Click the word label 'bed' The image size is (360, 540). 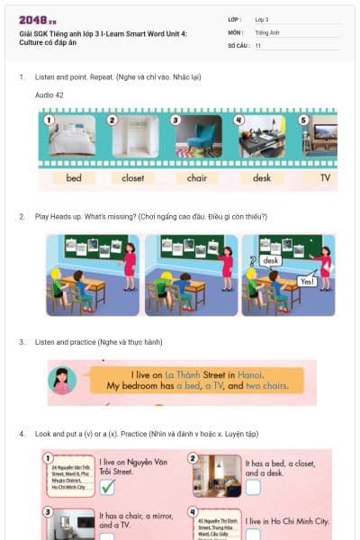coord(74,177)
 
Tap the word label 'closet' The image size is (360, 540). coord(132,177)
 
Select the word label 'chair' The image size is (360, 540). coord(196,177)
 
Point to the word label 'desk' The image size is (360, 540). coord(261,177)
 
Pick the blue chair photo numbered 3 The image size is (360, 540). coord(197,138)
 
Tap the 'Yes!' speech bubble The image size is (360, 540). coord(307,281)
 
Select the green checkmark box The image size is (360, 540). coord(107,487)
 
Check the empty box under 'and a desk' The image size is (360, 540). coord(253,487)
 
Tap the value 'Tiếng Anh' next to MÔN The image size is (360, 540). coord(268,31)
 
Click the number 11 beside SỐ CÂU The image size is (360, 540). coord(258,44)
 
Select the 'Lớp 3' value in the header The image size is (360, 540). coord(262,19)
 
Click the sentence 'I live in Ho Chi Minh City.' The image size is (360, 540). coord(287,521)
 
